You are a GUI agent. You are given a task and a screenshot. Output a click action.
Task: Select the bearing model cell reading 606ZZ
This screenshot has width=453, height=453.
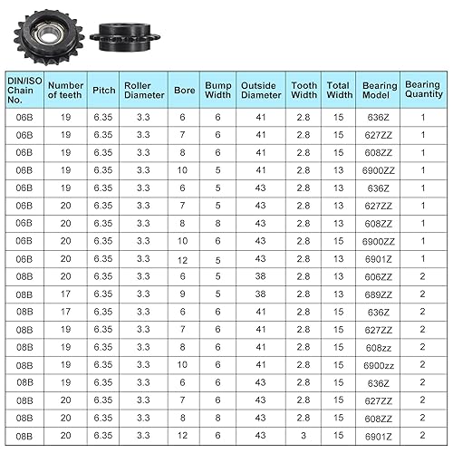378,275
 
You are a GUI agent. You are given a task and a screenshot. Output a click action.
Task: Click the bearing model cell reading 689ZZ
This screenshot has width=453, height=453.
378,294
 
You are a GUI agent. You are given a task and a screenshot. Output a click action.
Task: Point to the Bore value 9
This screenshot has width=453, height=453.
181,294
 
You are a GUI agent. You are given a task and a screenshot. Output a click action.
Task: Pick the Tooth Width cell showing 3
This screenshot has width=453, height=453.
304,435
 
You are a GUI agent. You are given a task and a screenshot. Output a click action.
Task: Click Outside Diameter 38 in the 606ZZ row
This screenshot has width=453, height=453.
260,275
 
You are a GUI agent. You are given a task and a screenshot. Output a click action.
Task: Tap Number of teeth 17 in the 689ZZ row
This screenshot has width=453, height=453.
65,294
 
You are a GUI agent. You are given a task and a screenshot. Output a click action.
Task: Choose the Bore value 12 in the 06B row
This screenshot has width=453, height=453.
181,258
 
